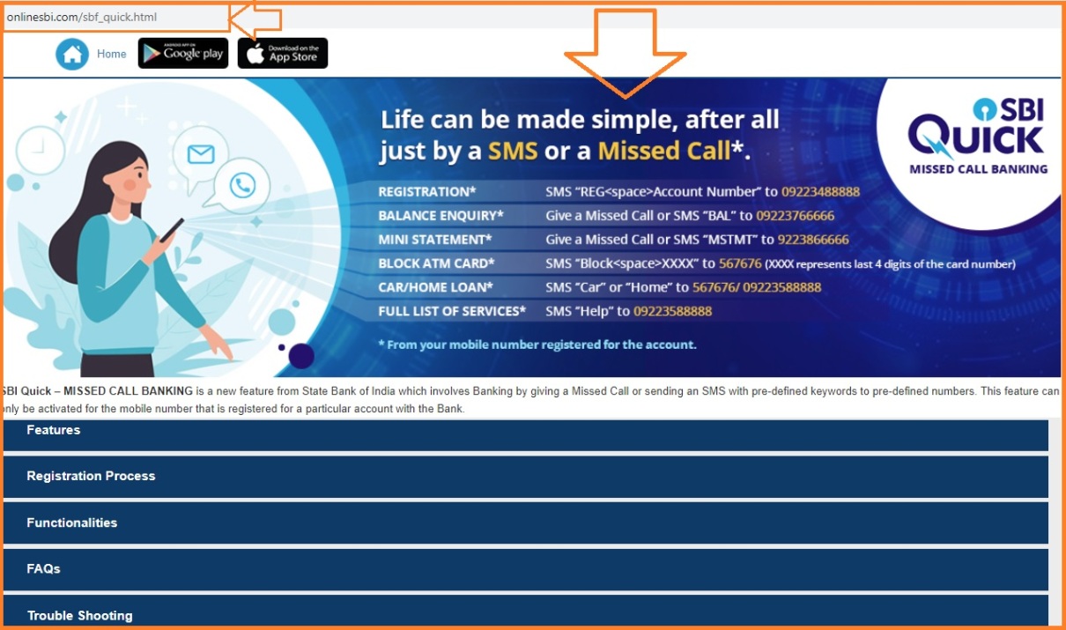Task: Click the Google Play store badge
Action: (x=183, y=53)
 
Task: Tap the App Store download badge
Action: (x=283, y=53)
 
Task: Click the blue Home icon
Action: (x=72, y=54)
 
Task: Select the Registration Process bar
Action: (x=525, y=477)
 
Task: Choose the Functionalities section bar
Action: (x=525, y=523)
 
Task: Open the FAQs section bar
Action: (x=525, y=569)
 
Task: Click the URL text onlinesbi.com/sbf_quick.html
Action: (x=82, y=17)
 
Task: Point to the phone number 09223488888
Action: (x=820, y=192)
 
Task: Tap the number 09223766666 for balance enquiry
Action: (x=796, y=216)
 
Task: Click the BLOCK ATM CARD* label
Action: (x=436, y=263)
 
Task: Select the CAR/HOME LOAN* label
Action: (x=435, y=287)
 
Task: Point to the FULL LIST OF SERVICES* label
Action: (x=452, y=311)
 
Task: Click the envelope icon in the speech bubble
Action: (x=201, y=155)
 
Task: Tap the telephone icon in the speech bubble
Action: (x=242, y=185)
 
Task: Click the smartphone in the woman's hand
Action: (x=171, y=232)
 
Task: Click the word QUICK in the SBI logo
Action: (x=975, y=139)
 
